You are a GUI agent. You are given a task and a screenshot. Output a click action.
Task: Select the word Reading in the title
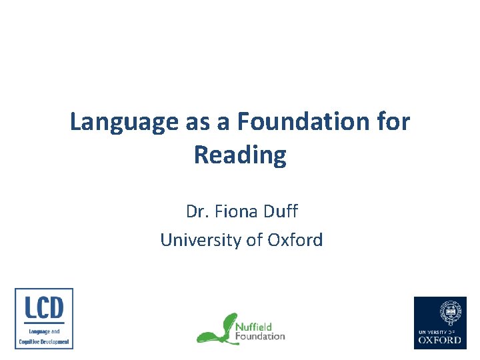tap(240, 155)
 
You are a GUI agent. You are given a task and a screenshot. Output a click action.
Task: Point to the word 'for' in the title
tap(394, 123)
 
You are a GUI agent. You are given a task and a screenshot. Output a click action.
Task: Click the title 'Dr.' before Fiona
tap(197, 213)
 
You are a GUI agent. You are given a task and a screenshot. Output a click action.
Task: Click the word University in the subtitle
tap(201, 240)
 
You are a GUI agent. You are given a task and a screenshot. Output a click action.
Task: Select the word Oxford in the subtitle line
tap(295, 240)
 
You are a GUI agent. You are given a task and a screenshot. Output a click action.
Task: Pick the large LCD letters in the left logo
tap(44, 307)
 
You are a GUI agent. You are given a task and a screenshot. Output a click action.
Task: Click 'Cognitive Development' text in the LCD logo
tap(44, 341)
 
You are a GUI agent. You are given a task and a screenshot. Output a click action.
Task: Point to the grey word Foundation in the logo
tap(260, 336)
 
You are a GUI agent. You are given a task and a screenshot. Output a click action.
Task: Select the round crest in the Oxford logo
tap(440, 312)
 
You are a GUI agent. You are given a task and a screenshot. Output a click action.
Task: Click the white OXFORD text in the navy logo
tap(440, 339)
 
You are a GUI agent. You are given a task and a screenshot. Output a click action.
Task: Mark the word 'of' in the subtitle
tap(255, 240)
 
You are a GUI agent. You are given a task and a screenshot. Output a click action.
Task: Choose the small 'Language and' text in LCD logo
tap(44, 331)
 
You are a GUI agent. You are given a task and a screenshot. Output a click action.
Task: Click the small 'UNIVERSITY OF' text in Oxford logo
tap(440, 331)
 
